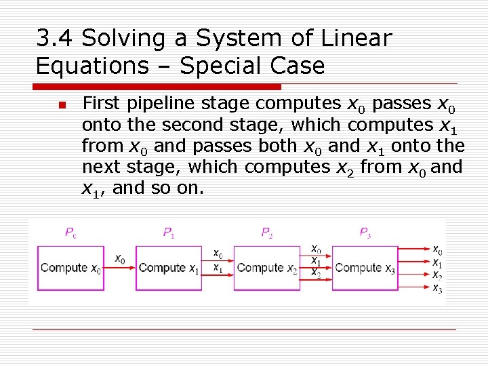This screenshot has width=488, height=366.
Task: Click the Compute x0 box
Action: (70, 268)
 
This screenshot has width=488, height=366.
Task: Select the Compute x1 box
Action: (169, 268)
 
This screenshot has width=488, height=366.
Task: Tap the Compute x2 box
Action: (266, 268)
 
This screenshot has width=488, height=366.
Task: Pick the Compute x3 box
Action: (365, 268)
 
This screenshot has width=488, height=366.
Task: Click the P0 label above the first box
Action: (70, 233)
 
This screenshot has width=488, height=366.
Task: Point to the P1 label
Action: (169, 233)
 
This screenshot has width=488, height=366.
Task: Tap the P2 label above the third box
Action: (267, 233)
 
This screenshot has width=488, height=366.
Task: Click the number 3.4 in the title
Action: (56, 39)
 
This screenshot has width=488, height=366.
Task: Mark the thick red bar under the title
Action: (157, 87)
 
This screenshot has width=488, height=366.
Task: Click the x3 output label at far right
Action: (437, 289)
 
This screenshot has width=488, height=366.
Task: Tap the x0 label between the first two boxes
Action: (119, 258)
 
